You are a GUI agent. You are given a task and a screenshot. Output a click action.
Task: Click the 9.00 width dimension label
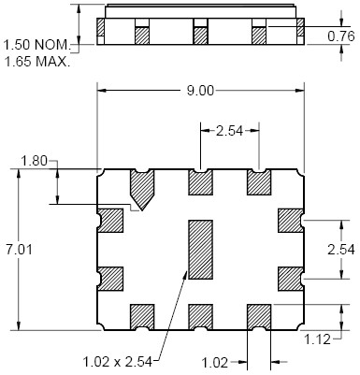tap(200, 91)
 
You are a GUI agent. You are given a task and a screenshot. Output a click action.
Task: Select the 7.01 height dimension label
tap(19, 250)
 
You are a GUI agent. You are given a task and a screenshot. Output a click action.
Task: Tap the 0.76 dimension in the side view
tap(341, 36)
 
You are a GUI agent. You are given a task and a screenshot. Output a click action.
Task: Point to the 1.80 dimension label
tap(34, 162)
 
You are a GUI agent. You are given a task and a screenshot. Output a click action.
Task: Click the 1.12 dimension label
tap(317, 339)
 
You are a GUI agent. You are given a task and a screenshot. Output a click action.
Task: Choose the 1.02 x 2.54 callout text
tap(118, 362)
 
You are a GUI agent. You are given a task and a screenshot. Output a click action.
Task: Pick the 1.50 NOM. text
tap(37, 45)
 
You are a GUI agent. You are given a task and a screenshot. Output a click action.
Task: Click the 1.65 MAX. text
tap(37, 62)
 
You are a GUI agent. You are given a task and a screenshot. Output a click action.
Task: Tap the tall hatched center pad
tap(200, 250)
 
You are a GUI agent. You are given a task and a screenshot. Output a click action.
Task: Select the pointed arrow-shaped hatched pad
tap(142, 189)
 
